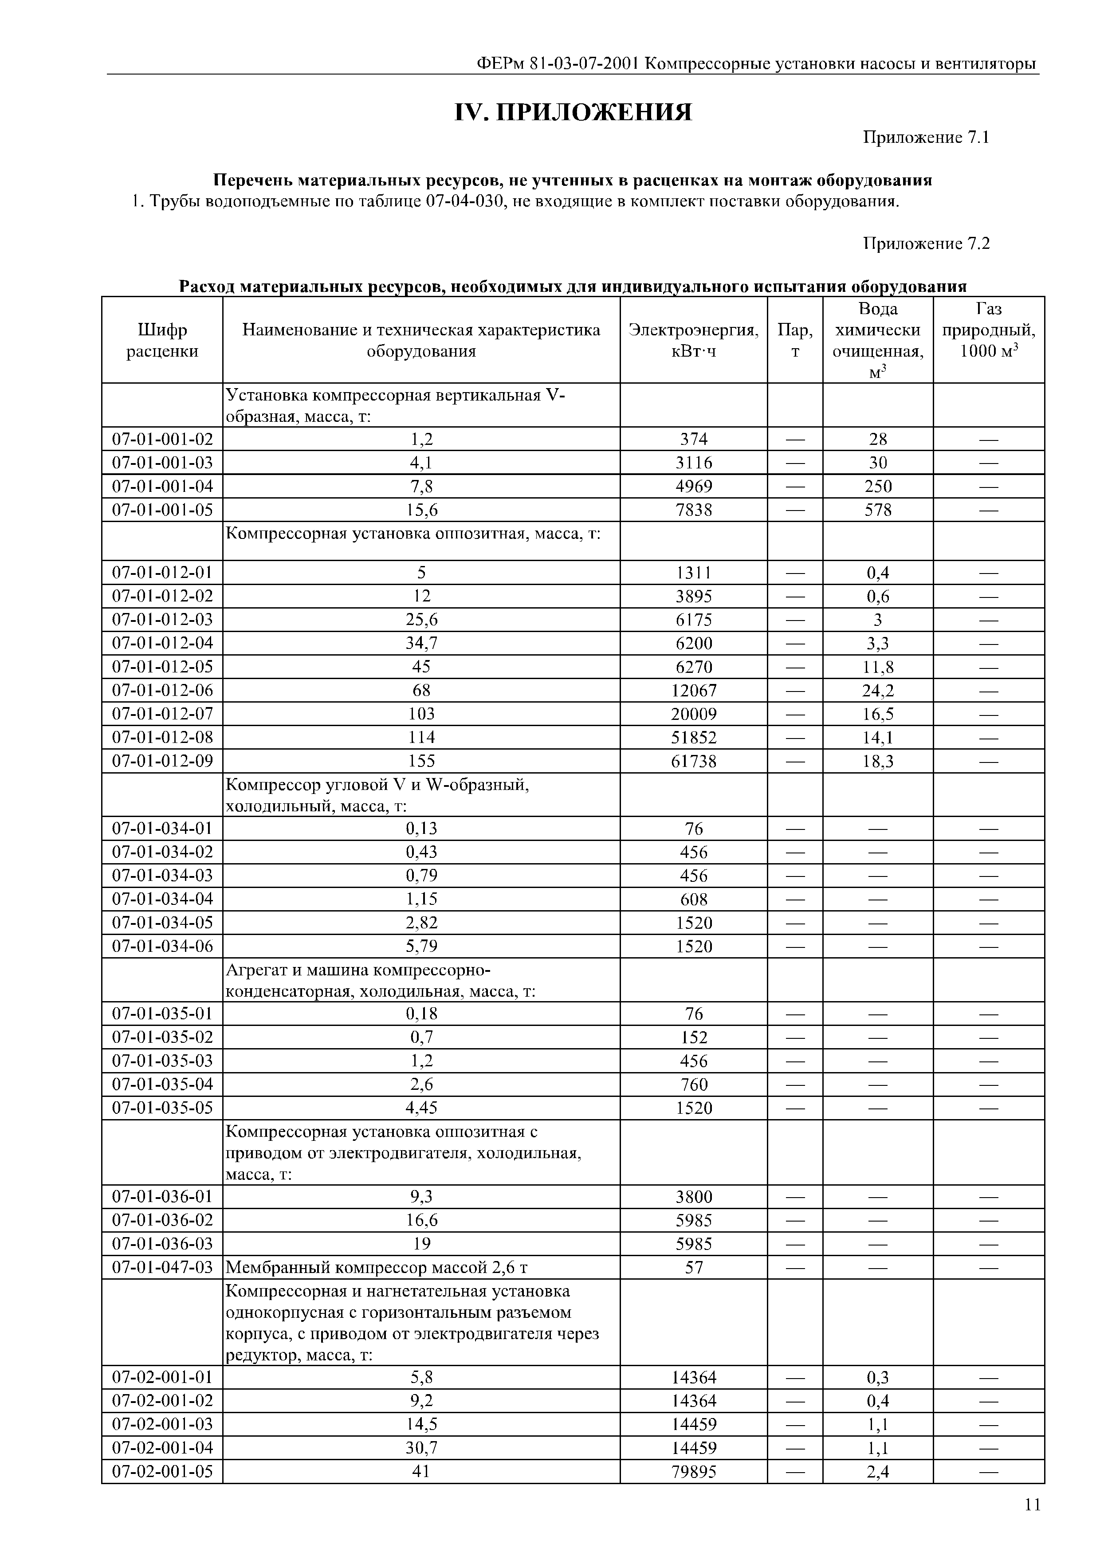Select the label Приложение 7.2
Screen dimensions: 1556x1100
pyautogui.click(x=926, y=244)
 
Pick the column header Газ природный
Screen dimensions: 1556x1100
pyautogui.click(x=988, y=330)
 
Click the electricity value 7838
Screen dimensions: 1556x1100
pyautogui.click(x=693, y=510)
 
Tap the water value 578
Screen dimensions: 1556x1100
pyautogui.click(x=878, y=510)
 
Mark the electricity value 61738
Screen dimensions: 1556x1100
pyautogui.click(x=693, y=762)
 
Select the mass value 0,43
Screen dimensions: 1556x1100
pyautogui.click(x=421, y=853)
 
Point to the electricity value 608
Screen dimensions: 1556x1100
pyautogui.click(x=693, y=899)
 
